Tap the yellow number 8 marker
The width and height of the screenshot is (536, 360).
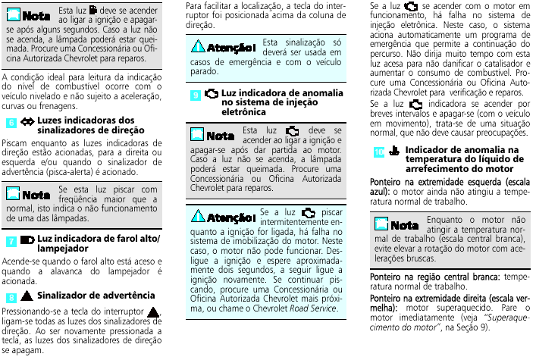coord(10,295)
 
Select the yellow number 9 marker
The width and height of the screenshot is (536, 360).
coord(196,95)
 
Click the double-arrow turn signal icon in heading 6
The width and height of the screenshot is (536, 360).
coord(27,121)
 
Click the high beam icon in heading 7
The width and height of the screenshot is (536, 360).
coord(27,239)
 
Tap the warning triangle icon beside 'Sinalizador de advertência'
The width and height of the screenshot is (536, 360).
coord(27,294)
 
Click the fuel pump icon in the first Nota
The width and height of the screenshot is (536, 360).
coord(92,11)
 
